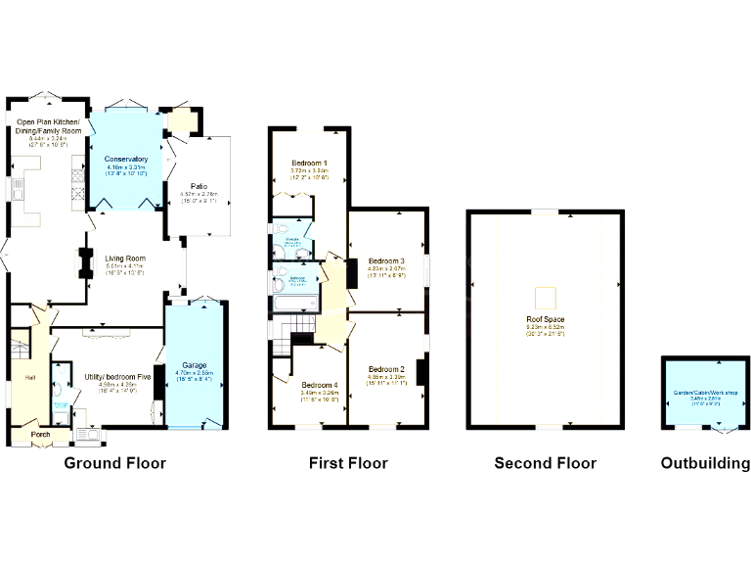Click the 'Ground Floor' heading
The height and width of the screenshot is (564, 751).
coord(114,463)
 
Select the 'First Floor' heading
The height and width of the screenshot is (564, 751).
coord(348,463)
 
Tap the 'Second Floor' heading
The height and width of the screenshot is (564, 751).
coord(545,463)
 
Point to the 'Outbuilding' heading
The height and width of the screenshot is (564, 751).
coord(705,463)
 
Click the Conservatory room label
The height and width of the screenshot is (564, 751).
coord(125,159)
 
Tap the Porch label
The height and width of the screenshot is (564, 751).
coord(41,435)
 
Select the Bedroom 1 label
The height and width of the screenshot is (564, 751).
coord(309,163)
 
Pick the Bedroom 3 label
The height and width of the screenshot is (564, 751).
coord(386,261)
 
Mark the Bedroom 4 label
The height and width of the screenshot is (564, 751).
coord(320,385)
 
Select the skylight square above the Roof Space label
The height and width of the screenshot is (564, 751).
coord(547,296)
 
